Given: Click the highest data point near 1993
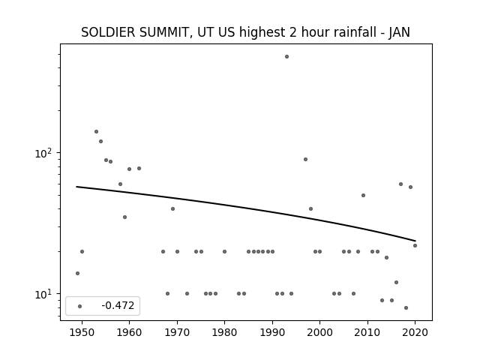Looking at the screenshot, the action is click(x=286, y=57).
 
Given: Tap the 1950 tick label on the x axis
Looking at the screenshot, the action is click(x=82, y=332).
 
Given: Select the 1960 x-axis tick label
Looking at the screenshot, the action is click(x=129, y=332).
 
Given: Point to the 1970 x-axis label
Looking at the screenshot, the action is click(x=177, y=332).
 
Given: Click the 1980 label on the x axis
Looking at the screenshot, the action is click(x=224, y=332).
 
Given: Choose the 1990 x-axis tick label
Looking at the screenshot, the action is click(x=272, y=332).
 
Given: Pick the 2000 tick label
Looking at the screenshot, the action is click(x=319, y=332).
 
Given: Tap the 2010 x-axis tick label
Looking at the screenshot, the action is click(x=367, y=332).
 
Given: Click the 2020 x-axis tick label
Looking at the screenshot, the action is click(x=415, y=332).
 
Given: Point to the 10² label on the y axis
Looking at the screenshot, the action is click(x=44, y=153).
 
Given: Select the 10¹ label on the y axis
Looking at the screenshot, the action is click(x=44, y=294).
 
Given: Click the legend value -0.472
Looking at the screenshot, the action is click(x=118, y=305).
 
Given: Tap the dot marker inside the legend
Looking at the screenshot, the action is click(x=80, y=306).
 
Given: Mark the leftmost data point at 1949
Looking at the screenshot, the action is click(x=77, y=273).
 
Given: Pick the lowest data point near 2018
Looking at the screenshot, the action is click(x=406, y=308).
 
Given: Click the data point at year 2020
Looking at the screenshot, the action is click(x=415, y=245).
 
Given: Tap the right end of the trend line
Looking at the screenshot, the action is click(x=415, y=241).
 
